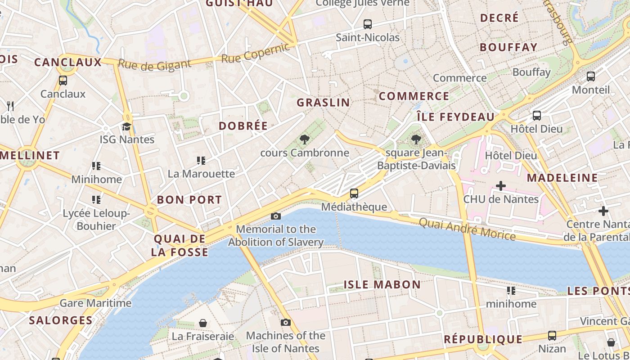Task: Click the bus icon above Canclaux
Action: coord(63,81)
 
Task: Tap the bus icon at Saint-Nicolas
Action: coord(368,24)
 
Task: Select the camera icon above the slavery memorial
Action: coord(276,216)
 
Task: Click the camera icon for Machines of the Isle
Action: coord(285,323)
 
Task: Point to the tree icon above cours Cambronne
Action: coord(305,139)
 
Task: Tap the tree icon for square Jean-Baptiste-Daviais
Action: coord(416,140)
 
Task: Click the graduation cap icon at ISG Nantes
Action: coord(126,126)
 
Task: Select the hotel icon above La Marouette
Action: coord(201,160)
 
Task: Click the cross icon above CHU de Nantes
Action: coord(501,186)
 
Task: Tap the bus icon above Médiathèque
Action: coord(354,193)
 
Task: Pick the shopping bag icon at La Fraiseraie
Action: coord(203,323)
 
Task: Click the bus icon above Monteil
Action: coord(591,76)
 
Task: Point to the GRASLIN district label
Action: coord(323,103)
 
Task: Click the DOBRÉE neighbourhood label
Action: coord(243,126)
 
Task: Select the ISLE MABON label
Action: coord(382,284)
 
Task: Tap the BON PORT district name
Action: coord(189,200)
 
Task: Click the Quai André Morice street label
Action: coord(467,229)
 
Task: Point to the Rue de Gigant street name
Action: coord(154,65)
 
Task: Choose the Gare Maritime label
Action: coord(95,303)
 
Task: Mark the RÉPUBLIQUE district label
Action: coord(483,339)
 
